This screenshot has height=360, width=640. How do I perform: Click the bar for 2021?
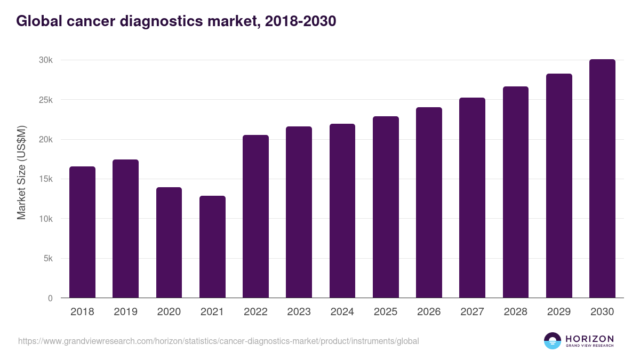[212, 247]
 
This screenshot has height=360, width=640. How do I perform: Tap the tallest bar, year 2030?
[602, 179]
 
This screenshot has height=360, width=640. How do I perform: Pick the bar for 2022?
[255, 217]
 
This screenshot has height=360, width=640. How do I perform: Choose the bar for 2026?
[429, 203]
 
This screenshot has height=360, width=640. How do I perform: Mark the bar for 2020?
[169, 243]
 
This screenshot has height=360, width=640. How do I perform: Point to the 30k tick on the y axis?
[45, 60]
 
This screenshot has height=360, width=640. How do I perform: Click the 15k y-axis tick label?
[45, 179]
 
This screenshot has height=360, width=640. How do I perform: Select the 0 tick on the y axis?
[50, 298]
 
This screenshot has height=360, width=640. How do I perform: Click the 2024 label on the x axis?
[342, 312]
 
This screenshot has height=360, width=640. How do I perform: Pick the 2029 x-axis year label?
[559, 312]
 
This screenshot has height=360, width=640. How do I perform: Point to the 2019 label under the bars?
[125, 312]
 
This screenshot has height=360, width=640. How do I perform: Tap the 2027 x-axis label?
[472, 312]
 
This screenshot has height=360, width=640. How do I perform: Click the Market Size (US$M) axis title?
[21, 172]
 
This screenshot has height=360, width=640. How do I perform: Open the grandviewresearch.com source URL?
[219, 341]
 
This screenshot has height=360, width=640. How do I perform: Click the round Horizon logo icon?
[553, 341]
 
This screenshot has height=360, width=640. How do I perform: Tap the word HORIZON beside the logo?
[589, 339]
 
